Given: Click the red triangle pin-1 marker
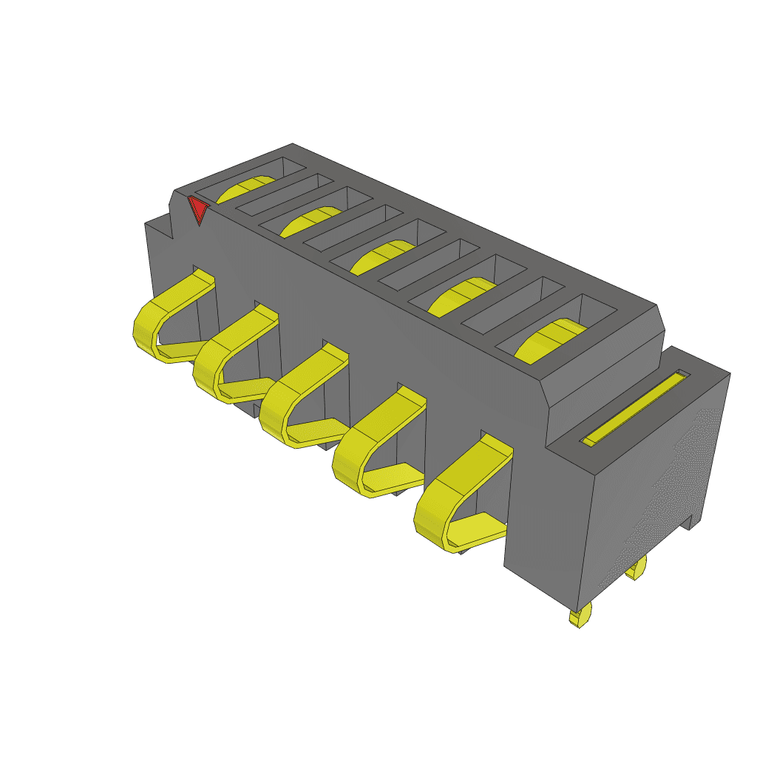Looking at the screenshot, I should [x=198, y=209].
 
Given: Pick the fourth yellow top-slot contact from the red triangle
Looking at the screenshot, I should [x=458, y=296].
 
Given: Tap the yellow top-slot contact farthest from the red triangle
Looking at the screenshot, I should [x=547, y=341].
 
